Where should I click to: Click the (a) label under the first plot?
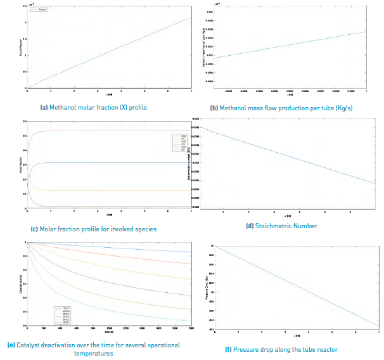click(44, 108)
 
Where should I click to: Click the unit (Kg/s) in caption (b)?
click(342, 108)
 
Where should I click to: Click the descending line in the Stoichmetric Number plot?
click(285, 156)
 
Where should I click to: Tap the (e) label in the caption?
click(11, 345)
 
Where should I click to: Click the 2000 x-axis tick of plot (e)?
click(191, 330)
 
